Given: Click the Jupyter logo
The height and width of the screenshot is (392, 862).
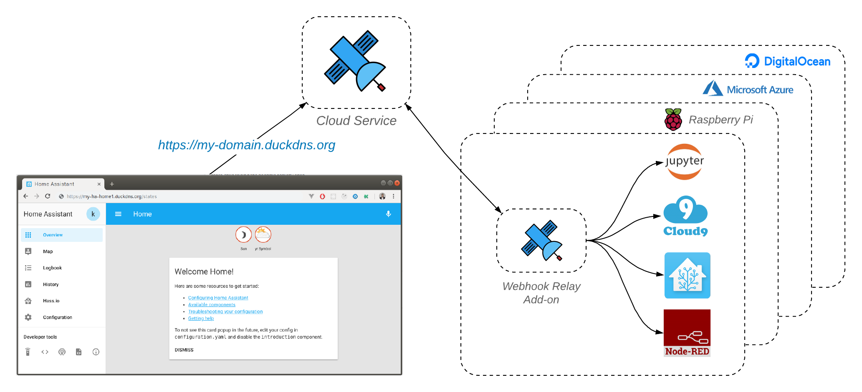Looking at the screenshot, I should pos(685,162).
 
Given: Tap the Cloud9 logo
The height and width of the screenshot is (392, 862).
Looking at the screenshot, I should pos(685,216).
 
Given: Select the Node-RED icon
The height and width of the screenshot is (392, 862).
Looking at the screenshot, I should pos(687,333).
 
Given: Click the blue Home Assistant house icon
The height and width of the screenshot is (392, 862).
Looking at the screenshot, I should pos(687,275).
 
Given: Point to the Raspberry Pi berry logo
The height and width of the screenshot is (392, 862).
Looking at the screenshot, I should pos(673,119).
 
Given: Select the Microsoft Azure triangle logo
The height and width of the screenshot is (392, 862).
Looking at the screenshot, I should pos(713,88).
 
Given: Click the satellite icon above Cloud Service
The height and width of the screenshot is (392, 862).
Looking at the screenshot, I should pos(355,61).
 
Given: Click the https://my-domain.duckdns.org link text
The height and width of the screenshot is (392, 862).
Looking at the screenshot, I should pos(246,145).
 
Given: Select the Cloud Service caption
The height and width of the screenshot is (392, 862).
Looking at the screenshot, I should pos(356,121).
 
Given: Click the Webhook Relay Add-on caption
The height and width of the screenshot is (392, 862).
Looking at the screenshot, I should pos(541,293).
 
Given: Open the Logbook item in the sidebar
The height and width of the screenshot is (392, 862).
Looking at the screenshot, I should pos(52,268).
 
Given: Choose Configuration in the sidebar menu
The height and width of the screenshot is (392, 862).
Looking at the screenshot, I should pos(57,317).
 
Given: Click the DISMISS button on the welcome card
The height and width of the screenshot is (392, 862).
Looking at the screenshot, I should pos(184,350).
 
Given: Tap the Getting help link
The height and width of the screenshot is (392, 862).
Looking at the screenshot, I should pos(201,319).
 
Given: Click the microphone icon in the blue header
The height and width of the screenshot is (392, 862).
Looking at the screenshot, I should pos(388,214).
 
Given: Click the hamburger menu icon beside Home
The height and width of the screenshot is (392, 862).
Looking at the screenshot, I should pos(118,214).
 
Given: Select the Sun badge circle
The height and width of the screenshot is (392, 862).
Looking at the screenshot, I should pos(243,235).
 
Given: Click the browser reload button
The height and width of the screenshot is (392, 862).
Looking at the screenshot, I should pos(48,196).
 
